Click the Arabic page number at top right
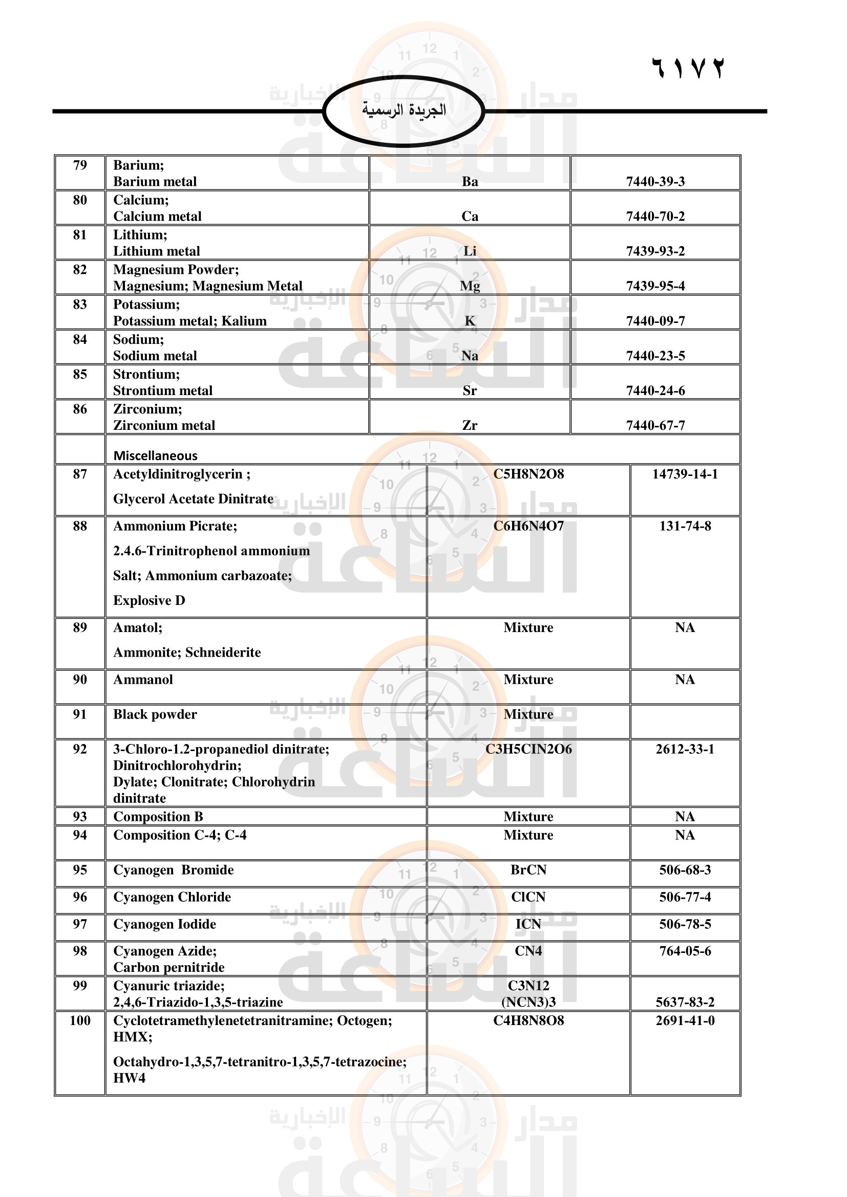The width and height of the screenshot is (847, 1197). coord(687,68)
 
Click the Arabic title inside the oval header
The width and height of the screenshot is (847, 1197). coord(404,110)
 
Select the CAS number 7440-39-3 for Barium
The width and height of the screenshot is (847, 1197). coord(655,182)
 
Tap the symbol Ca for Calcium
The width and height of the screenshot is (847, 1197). coord(470,216)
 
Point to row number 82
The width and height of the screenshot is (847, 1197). coord(80,270)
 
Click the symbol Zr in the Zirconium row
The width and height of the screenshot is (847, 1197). coord(470,425)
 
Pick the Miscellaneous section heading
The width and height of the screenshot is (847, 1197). coord(156,455)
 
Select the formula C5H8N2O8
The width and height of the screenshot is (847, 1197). coord(528,474)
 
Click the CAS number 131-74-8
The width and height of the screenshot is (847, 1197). coord(685,526)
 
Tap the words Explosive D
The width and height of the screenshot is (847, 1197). coord(149,601)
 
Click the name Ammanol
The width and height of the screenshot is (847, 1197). coord(143,679)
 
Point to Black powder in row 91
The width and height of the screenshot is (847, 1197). coord(155,714)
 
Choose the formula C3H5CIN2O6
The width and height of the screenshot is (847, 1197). coord(528,749)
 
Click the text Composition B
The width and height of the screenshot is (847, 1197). coord(158,816)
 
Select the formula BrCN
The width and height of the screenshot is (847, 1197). coord(528,869)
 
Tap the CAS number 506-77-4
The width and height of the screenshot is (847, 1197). coord(685,897)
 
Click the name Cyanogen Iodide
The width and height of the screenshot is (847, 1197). coord(164,924)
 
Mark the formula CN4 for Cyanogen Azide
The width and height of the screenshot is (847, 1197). coord(528,951)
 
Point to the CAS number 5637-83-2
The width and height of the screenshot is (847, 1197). coord(685,1002)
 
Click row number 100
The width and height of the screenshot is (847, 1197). coord(80,1020)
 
